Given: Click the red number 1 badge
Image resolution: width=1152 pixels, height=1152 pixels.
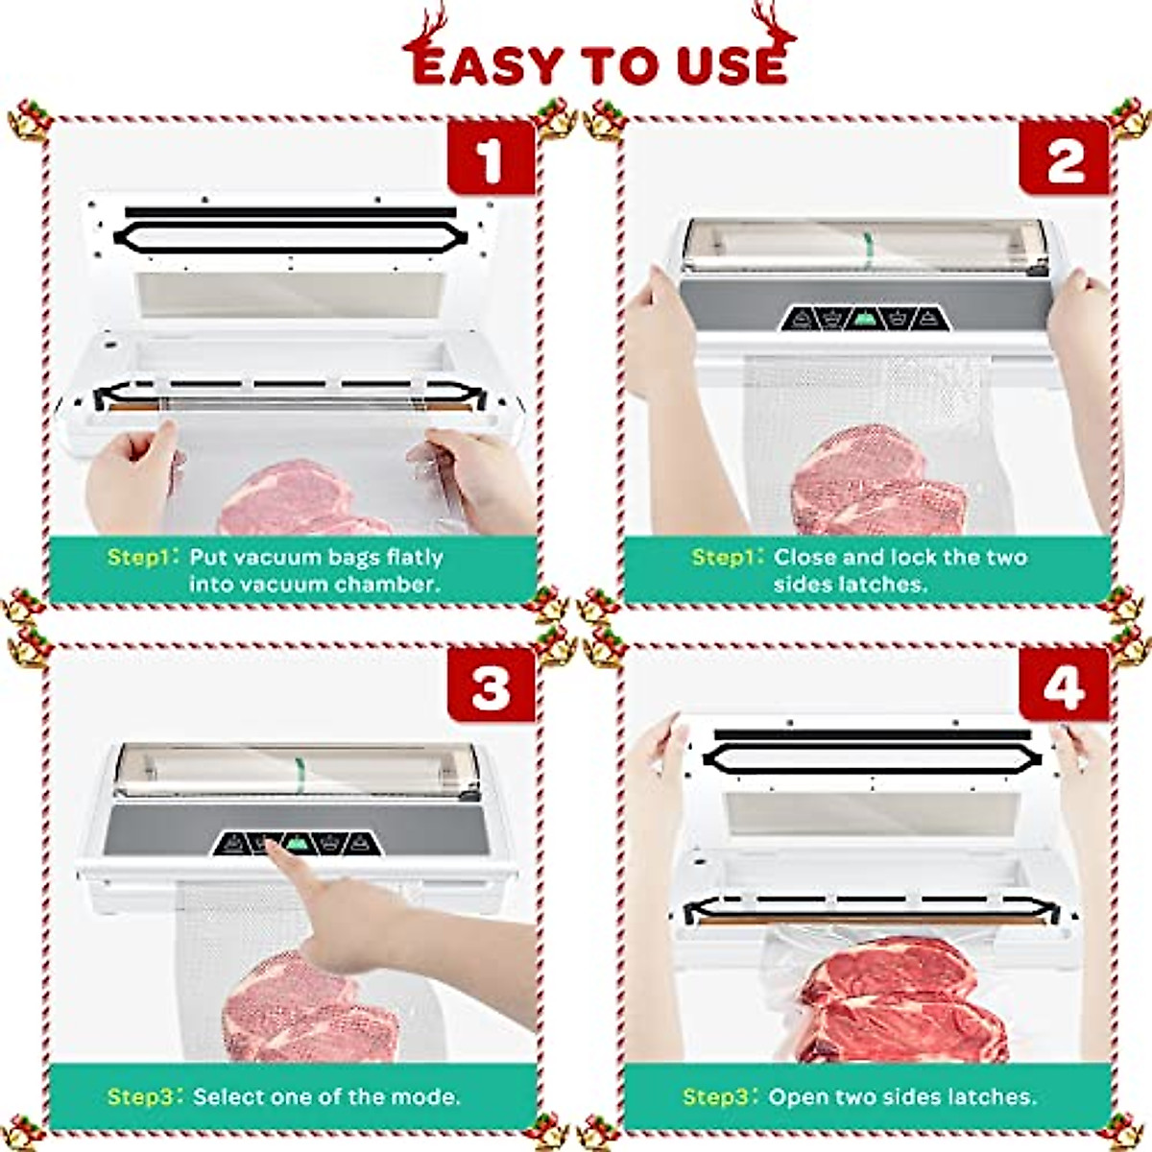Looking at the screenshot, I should pyautogui.click(x=491, y=159).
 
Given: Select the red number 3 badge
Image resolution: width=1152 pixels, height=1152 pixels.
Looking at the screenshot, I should pyautogui.click(x=491, y=687).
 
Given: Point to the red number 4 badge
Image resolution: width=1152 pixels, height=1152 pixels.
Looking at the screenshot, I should pyautogui.click(x=1064, y=687).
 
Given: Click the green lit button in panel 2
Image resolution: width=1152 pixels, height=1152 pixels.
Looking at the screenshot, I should pyautogui.click(x=864, y=318).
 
